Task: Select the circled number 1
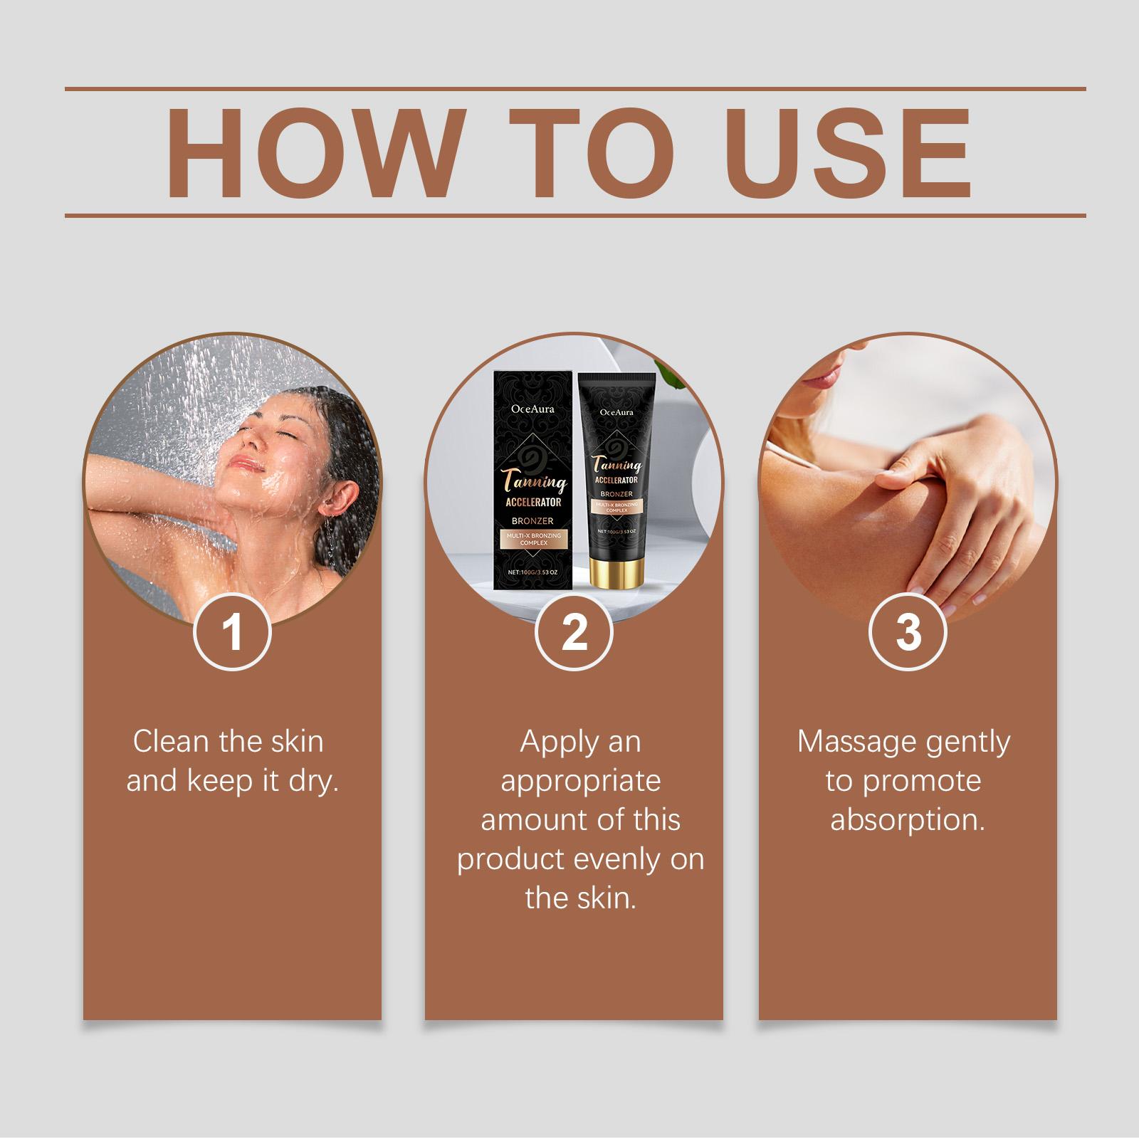[x=233, y=631]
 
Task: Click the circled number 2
[x=574, y=631]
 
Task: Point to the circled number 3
[x=908, y=631]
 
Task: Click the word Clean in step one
[x=172, y=742]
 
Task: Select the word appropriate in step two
[x=581, y=782]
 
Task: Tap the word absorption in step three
[x=908, y=820]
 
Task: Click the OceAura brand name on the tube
[x=616, y=411]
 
